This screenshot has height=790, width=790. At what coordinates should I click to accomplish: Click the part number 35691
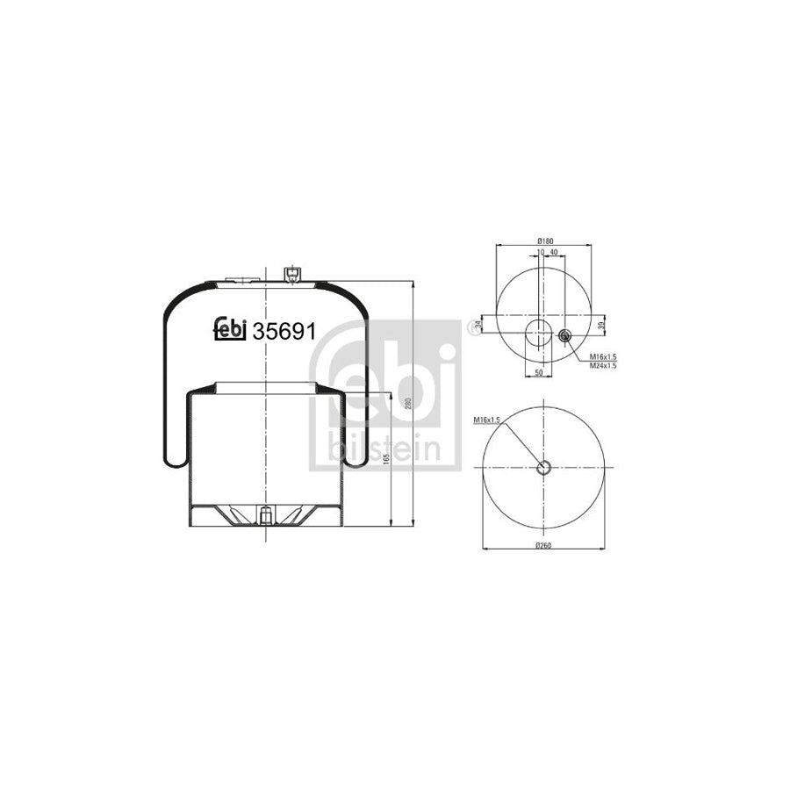tap(284, 332)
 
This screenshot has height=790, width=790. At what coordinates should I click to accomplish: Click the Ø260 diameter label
tap(544, 545)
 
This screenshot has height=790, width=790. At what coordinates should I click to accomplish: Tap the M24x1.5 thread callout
tap(604, 364)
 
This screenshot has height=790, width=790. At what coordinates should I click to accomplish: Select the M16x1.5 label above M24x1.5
tap(604, 356)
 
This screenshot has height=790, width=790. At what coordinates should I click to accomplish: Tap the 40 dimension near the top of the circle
tap(553, 252)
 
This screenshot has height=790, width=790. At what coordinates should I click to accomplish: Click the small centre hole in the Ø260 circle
tap(544, 467)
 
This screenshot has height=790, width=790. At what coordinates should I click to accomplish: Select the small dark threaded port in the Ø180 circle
tap(564, 334)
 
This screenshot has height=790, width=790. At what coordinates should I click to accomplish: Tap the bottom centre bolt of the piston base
tap(263, 514)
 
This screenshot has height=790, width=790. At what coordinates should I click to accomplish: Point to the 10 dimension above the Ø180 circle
tap(542, 252)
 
